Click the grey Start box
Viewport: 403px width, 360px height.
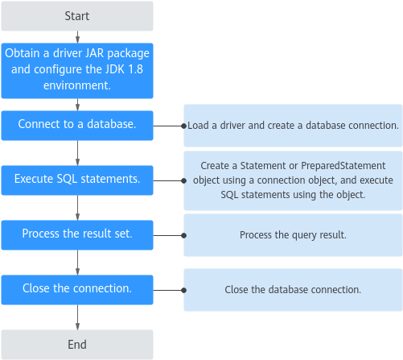click(x=77, y=16)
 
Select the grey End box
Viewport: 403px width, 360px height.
click(x=77, y=345)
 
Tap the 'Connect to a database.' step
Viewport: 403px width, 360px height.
click(x=77, y=126)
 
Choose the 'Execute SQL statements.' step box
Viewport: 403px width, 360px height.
click(x=77, y=180)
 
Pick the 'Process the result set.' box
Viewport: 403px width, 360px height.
click(x=77, y=235)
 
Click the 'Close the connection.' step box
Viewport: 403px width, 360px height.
click(x=77, y=290)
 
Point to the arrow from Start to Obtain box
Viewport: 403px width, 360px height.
click(x=77, y=37)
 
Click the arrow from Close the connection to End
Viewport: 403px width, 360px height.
click(x=77, y=317)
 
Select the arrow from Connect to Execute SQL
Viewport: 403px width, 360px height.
click(x=77, y=153)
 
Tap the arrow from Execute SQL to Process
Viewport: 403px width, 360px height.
click(x=77, y=208)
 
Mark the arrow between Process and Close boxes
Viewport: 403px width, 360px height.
click(x=77, y=263)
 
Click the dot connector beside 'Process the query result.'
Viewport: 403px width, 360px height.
click(x=183, y=236)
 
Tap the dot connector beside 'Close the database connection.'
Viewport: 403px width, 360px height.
click(x=183, y=290)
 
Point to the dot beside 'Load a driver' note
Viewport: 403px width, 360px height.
click(x=183, y=126)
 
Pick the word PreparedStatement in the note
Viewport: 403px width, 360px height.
click(x=343, y=166)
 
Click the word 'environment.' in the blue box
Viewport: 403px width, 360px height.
click(x=77, y=85)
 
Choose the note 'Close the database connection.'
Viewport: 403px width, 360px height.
click(x=293, y=290)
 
